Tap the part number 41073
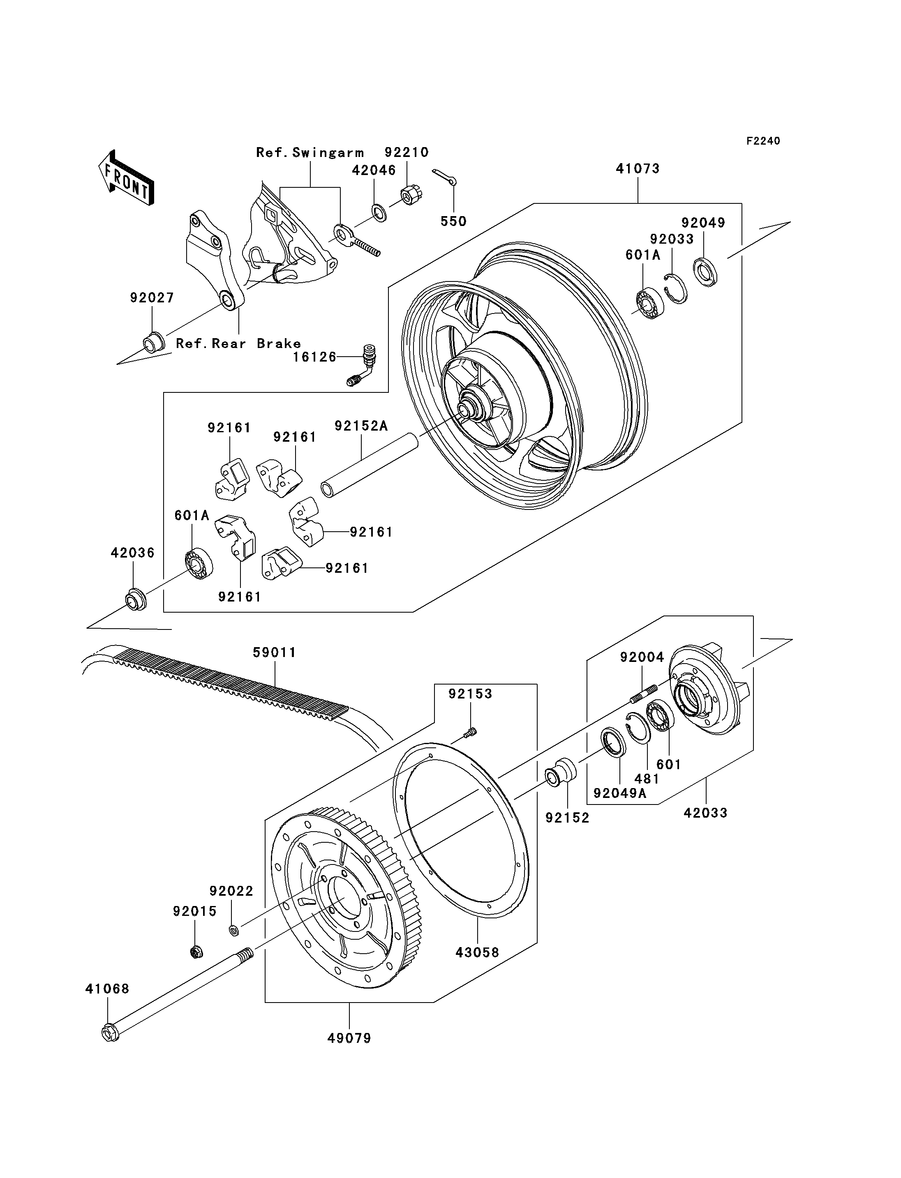(638, 168)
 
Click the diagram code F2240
(763, 141)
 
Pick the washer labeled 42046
(379, 213)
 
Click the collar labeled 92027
(152, 343)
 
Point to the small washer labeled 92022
(234, 930)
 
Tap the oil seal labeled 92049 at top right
(705, 272)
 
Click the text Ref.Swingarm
(310, 153)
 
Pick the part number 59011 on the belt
(275, 652)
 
